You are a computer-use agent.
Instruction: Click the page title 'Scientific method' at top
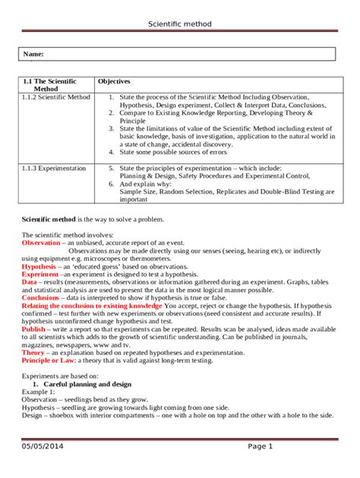tap(179, 24)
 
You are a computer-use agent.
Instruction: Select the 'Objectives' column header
tap(114, 80)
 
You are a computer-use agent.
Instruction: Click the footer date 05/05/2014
tap(43, 446)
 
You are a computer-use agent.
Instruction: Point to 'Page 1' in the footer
tap(260, 446)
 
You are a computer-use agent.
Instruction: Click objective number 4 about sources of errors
tap(178, 152)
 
